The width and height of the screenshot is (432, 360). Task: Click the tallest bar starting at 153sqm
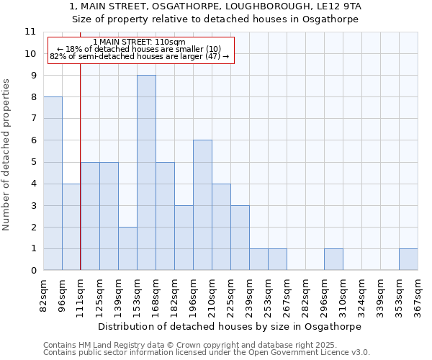[x=146, y=173]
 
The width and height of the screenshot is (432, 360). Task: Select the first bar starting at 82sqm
[x=53, y=184]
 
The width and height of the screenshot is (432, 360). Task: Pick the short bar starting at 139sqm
[x=127, y=248]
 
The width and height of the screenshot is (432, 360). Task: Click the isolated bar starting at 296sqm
[x=333, y=259]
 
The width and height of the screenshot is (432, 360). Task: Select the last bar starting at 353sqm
[x=408, y=259]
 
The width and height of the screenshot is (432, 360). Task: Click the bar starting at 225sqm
[x=240, y=238]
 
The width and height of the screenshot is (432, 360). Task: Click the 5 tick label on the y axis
[x=33, y=162]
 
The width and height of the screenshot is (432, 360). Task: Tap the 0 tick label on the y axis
[x=33, y=271]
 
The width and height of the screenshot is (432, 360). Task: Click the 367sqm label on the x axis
[x=418, y=295]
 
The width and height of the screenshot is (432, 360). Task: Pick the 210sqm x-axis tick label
[x=212, y=295]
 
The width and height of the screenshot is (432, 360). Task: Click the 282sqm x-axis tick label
[x=305, y=295]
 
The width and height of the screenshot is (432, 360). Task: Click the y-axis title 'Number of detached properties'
[x=7, y=155]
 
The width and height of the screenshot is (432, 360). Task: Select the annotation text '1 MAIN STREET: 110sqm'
[x=140, y=42]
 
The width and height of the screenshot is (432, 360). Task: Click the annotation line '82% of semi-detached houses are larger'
[x=140, y=56]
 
